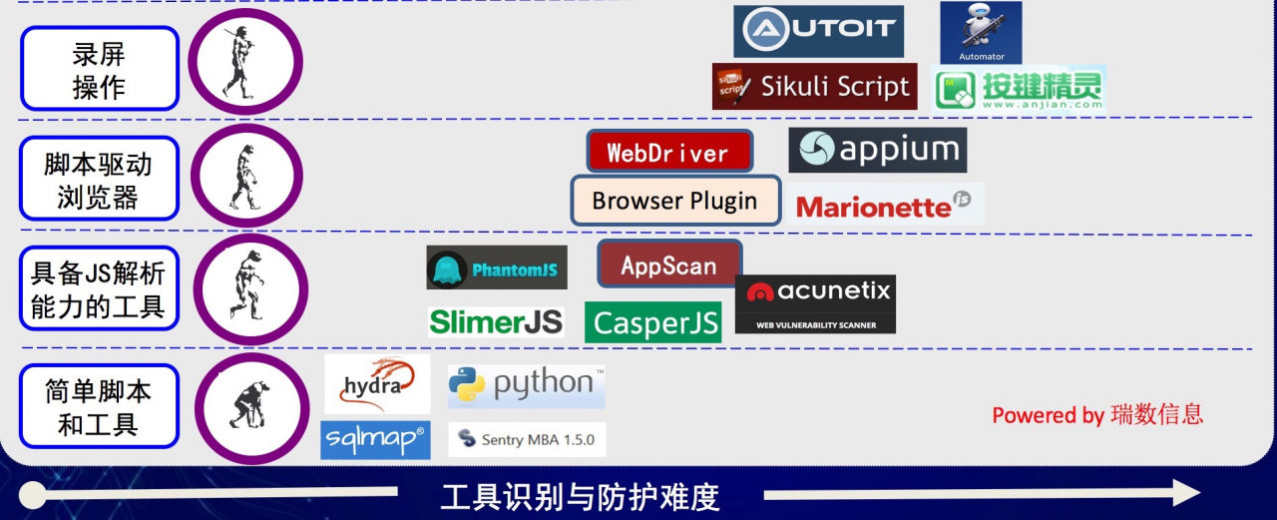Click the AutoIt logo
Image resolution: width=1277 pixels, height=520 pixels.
[x=818, y=31]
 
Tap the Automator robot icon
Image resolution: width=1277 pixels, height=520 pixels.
[x=981, y=32]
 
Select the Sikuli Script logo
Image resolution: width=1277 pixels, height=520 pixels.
[x=814, y=87]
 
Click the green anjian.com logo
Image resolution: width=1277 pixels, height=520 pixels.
[x=1019, y=90]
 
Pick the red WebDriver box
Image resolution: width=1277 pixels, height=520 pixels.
[x=668, y=153]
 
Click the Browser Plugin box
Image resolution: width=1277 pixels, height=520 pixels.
[x=674, y=201]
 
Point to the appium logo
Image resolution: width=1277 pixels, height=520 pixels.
[x=878, y=150]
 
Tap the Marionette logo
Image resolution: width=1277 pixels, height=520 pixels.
[x=884, y=206]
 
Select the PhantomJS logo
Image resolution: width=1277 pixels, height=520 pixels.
[x=497, y=268]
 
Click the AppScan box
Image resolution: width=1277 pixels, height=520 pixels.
[x=668, y=264]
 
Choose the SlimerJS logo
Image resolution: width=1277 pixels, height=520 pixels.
[x=496, y=321]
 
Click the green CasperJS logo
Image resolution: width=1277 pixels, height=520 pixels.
[x=653, y=322]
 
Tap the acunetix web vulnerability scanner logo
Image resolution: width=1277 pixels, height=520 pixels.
[x=815, y=303]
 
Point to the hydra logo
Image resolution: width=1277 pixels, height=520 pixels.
[x=377, y=384]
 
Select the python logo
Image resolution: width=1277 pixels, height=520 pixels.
[x=527, y=385]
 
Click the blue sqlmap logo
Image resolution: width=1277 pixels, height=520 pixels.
[x=375, y=439]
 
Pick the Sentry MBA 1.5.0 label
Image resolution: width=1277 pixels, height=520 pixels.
[x=527, y=439]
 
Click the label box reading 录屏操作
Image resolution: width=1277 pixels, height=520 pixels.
[x=99, y=69]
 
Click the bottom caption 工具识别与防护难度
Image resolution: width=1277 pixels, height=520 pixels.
[x=580, y=496]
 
